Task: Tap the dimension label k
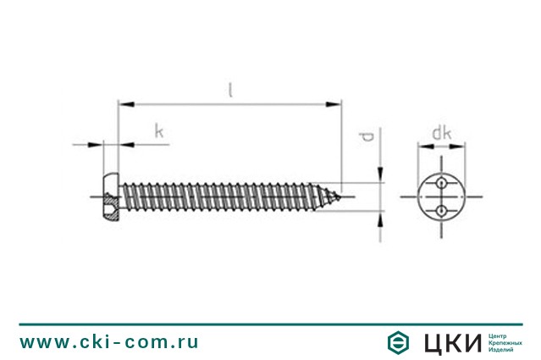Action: point(158,131)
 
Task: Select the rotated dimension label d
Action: point(367,137)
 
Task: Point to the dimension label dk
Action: point(442,133)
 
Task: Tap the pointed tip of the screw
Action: point(340,197)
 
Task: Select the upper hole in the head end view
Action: point(441,184)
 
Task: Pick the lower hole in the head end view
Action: point(441,210)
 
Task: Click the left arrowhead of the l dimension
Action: point(126,104)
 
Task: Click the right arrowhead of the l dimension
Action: point(334,104)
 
